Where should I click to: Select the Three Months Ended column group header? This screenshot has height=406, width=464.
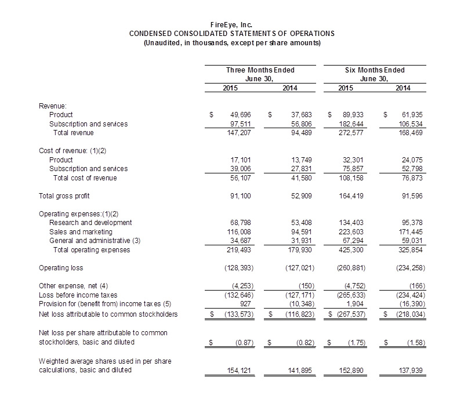[260, 70]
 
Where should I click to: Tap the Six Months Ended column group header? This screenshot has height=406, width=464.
[374, 70]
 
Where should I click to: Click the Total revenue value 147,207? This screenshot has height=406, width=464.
[240, 132]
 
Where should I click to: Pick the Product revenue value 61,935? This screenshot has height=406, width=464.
[411, 115]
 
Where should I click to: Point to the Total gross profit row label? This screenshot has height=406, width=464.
[64, 196]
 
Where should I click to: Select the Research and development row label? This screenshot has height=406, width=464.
[90, 223]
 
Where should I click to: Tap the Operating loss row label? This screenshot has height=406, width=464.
[61, 268]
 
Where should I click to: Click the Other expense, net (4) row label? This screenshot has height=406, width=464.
[73, 286]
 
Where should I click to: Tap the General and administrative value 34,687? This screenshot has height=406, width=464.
[240, 241]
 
